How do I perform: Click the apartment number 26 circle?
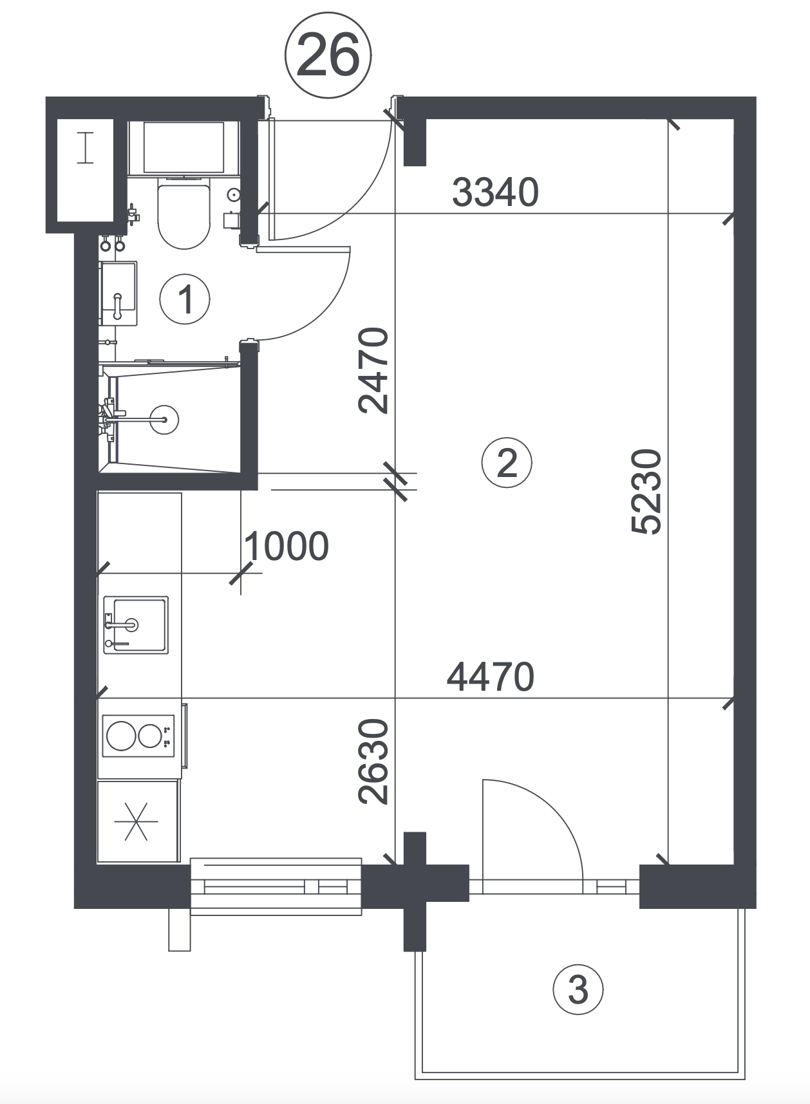(x=328, y=57)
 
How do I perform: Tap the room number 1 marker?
(x=185, y=299)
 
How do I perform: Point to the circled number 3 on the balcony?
(x=578, y=989)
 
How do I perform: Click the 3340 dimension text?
(x=495, y=192)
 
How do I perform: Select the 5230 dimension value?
(x=646, y=492)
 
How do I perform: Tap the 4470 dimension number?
(x=491, y=677)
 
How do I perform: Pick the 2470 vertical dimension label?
(x=374, y=370)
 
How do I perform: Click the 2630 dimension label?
(x=374, y=762)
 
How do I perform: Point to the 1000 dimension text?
(x=287, y=546)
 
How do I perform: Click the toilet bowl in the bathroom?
(x=184, y=216)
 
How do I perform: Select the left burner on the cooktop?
(x=121, y=736)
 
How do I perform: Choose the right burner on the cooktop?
(x=150, y=736)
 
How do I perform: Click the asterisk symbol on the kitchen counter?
(x=137, y=821)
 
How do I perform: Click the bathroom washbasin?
(x=118, y=294)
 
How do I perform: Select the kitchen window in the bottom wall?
(x=277, y=886)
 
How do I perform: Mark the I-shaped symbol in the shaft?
(x=86, y=147)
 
